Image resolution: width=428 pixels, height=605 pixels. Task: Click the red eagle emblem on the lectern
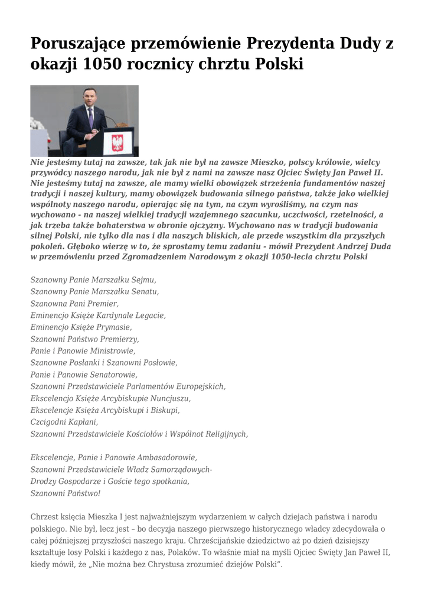pos(117,142)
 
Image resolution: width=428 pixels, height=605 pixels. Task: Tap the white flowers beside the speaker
pos(37,125)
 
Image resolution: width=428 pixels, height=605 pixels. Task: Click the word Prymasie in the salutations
pos(113,327)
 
